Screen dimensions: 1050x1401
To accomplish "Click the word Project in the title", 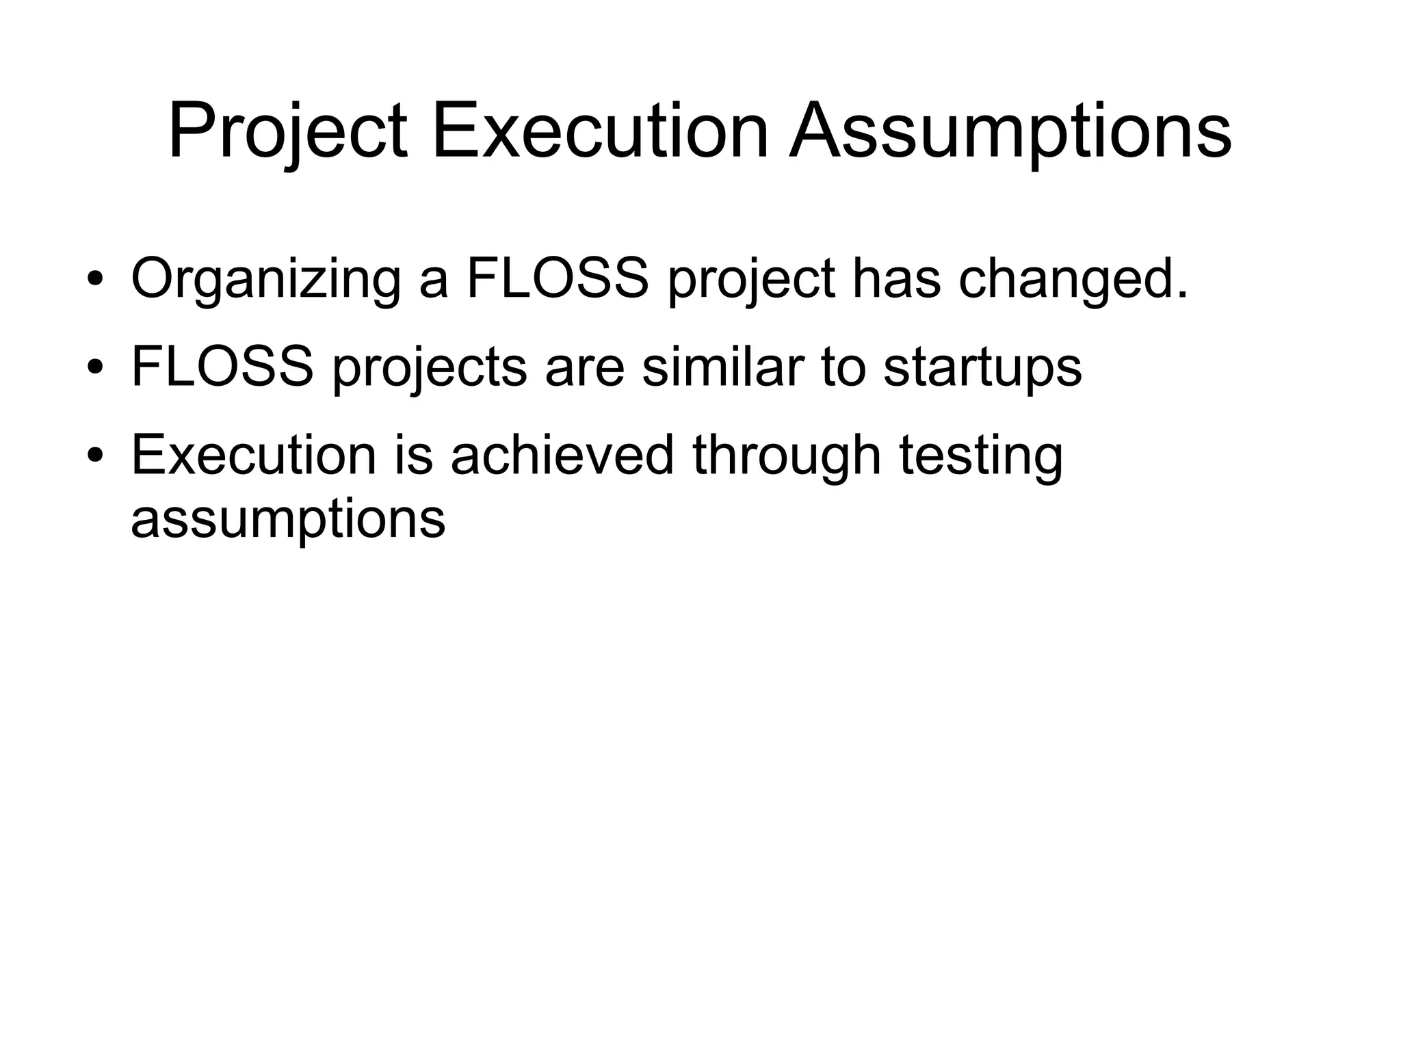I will (x=288, y=131).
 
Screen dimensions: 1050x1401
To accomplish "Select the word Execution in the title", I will (x=601, y=131).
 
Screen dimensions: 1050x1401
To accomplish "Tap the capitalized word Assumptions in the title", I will (x=1010, y=131).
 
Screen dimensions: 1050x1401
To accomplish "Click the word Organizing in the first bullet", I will (x=266, y=280).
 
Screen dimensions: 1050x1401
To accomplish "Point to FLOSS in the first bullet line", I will (x=557, y=278).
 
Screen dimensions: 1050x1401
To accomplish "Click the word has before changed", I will (x=896, y=278).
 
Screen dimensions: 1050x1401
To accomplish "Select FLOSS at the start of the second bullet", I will (x=222, y=367).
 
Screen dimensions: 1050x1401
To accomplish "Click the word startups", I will (x=982, y=368).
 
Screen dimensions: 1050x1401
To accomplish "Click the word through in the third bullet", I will (x=787, y=456).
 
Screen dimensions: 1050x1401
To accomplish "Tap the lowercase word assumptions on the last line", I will (x=288, y=520).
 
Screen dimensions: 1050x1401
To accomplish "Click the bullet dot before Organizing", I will (x=95, y=280).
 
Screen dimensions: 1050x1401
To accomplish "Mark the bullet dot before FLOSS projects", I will (x=95, y=368).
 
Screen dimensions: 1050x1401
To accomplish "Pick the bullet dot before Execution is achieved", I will (x=95, y=456).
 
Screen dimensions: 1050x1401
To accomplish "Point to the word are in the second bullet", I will (x=585, y=368).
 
